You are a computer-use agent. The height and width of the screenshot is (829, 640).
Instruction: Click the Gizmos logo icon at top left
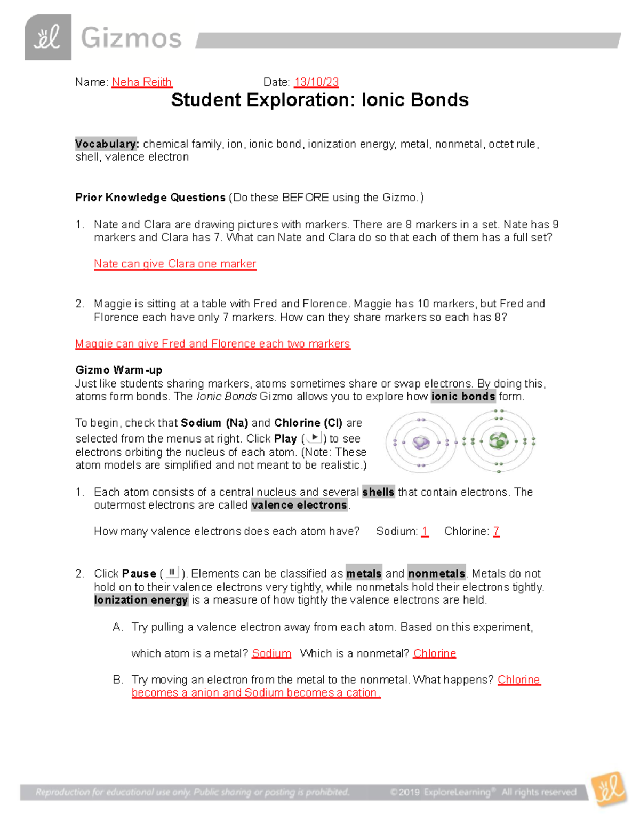[48, 37]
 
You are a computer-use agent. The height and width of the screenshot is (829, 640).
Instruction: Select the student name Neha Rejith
[142, 82]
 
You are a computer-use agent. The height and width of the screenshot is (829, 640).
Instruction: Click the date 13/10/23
[316, 82]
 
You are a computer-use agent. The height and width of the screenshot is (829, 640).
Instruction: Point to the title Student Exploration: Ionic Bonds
[319, 100]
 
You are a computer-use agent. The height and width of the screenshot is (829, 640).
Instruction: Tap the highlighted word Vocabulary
[107, 144]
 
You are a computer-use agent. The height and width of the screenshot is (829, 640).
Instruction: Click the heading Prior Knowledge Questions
[150, 198]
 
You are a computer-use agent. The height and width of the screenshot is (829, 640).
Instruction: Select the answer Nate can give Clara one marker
[175, 264]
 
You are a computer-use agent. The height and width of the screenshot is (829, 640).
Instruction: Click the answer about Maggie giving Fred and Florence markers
[212, 344]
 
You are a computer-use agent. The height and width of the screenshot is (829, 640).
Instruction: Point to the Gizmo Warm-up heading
[118, 370]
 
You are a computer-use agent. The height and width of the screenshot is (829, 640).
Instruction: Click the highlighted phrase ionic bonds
[463, 397]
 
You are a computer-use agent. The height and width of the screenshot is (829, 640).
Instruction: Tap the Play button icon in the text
[315, 438]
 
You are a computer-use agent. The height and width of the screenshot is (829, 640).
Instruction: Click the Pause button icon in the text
[172, 573]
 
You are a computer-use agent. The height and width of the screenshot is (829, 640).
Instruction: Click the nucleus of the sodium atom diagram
[421, 442]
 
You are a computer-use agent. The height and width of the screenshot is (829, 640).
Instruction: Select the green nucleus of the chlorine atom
[499, 441]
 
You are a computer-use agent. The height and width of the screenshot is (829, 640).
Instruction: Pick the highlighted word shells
[378, 492]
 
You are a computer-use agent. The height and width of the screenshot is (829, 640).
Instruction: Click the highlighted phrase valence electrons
[299, 505]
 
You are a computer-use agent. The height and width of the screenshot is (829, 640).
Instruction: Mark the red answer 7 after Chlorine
[496, 532]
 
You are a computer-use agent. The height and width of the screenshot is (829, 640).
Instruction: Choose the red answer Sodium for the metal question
[271, 653]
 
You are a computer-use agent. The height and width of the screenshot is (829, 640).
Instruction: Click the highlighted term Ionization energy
[141, 600]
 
